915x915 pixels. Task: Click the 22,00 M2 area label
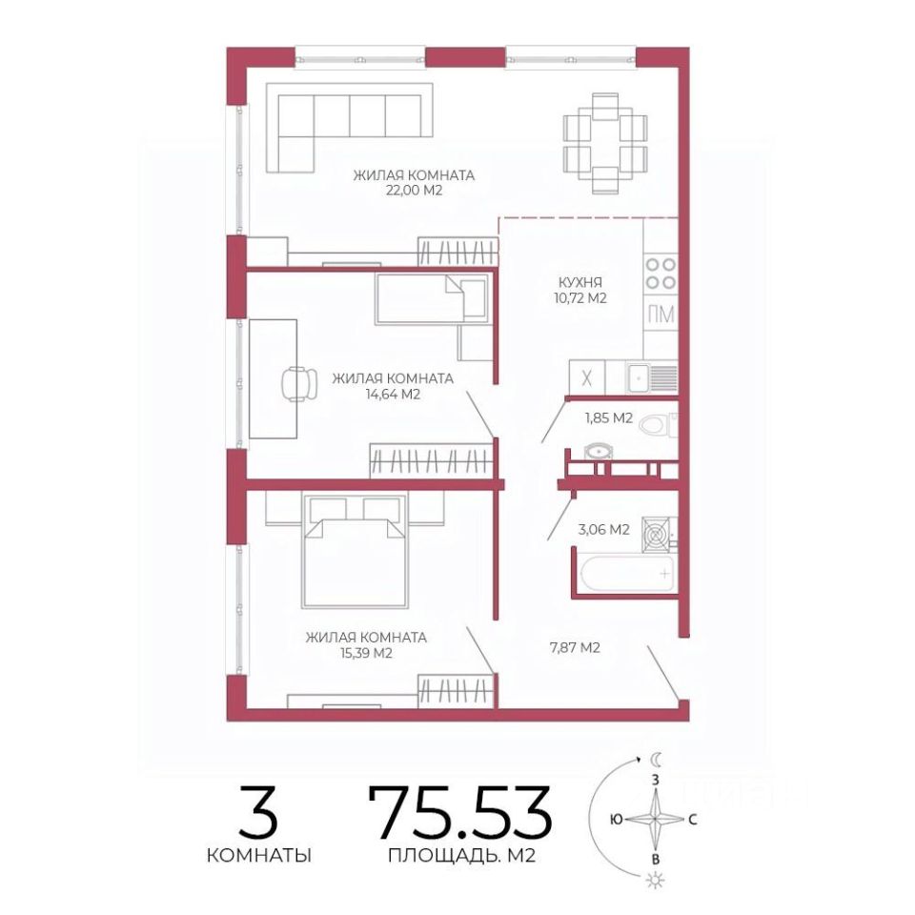tap(414, 191)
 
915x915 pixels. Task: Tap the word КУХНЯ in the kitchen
tap(580, 282)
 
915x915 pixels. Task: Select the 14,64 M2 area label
tap(393, 395)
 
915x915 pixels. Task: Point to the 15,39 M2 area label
tap(366, 653)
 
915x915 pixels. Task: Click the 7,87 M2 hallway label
tap(575, 647)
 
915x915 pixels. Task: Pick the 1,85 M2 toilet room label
tap(609, 418)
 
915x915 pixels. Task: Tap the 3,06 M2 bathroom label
tap(603, 530)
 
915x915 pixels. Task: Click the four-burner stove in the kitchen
tap(661, 274)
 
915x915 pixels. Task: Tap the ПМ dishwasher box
tap(661, 315)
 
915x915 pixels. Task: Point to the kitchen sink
tap(652, 377)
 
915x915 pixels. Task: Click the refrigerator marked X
tap(587, 377)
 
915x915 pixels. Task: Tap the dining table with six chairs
tap(605, 143)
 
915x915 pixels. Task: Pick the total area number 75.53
tap(460, 813)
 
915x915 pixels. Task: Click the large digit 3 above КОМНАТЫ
tap(258, 813)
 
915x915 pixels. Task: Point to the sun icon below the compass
tap(657, 880)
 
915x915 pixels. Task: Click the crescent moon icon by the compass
tap(657, 760)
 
